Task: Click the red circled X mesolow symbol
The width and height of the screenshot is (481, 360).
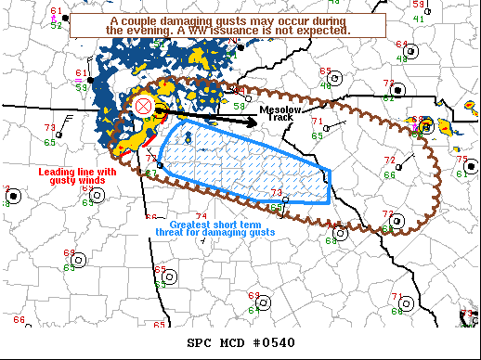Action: click(x=143, y=106)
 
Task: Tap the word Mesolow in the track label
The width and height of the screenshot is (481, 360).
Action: click(x=276, y=109)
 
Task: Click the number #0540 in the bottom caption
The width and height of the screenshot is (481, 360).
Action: click(x=275, y=342)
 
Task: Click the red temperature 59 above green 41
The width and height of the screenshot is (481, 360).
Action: click(x=419, y=5)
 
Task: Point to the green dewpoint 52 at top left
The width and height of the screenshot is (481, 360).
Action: click(x=57, y=26)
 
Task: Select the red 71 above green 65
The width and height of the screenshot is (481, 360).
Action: click(x=317, y=122)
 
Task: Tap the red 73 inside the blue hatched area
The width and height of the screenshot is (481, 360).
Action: click(x=276, y=192)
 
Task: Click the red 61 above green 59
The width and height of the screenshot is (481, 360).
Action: click(x=80, y=72)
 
